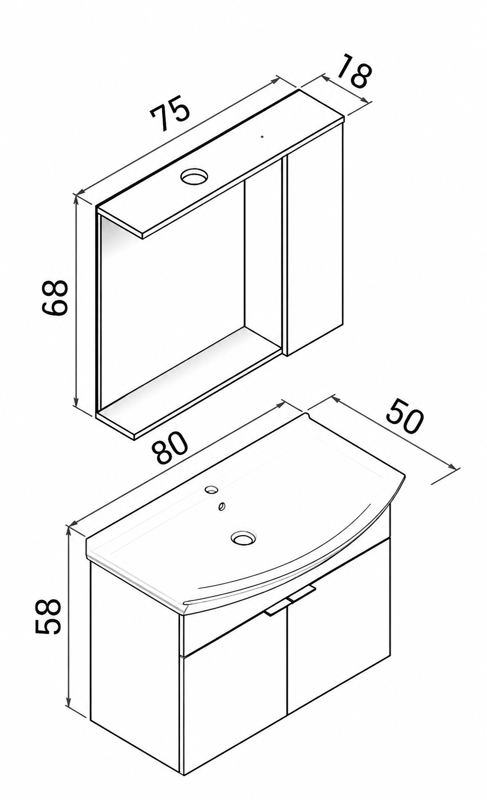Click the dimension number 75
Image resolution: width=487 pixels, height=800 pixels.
coord(170,113)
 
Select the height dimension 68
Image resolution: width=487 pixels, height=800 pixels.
coord(55,298)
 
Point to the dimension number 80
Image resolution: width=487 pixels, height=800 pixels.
coord(170,450)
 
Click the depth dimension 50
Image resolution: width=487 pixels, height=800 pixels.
coord(405,418)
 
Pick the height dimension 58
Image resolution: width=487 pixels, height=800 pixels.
coord(48,617)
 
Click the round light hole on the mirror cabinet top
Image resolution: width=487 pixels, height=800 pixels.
coord(194,176)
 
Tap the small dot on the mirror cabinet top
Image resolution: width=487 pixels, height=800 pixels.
coord(262,136)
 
